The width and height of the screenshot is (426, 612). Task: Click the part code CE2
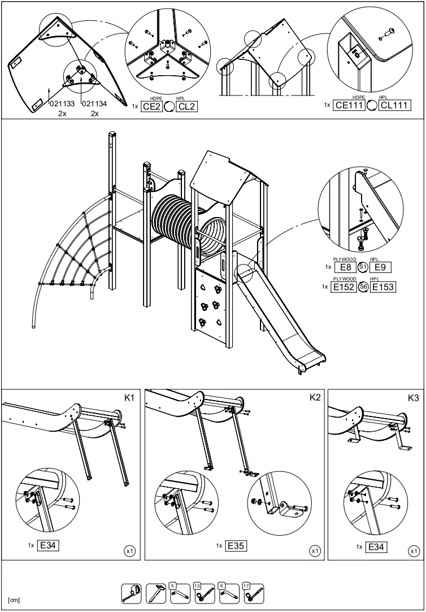[x=151, y=106]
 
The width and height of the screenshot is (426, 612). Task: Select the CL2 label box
[x=186, y=106]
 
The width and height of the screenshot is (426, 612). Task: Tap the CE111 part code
[x=349, y=105]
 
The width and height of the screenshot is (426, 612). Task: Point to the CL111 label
[x=394, y=105]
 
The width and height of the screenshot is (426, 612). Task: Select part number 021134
[x=94, y=103]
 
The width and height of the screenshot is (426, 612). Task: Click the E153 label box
[x=382, y=287]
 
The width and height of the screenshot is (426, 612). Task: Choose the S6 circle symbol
[x=363, y=287]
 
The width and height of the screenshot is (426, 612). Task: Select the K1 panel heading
[x=129, y=398]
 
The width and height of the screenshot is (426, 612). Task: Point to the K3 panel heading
[x=413, y=398]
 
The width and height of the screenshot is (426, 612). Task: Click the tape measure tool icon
[x=132, y=593]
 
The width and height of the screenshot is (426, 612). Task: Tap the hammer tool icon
[x=157, y=593]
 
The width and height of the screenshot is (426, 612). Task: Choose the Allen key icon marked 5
[x=181, y=593]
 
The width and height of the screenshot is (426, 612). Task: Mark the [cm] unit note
[x=14, y=600]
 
